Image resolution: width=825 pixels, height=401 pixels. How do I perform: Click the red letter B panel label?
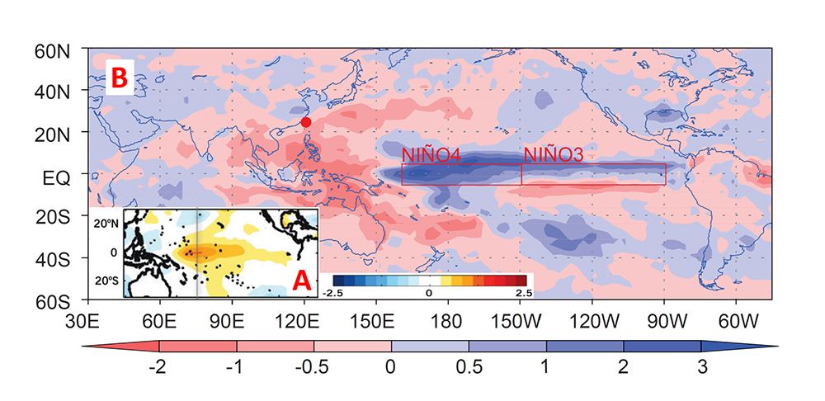119,78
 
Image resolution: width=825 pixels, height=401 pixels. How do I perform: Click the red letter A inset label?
302,282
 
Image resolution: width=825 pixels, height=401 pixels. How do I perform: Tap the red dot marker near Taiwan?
306,122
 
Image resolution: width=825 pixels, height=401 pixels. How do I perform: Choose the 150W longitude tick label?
521,318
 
